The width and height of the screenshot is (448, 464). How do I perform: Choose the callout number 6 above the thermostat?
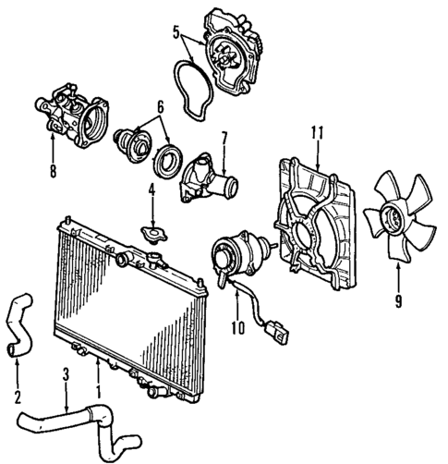160,106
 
